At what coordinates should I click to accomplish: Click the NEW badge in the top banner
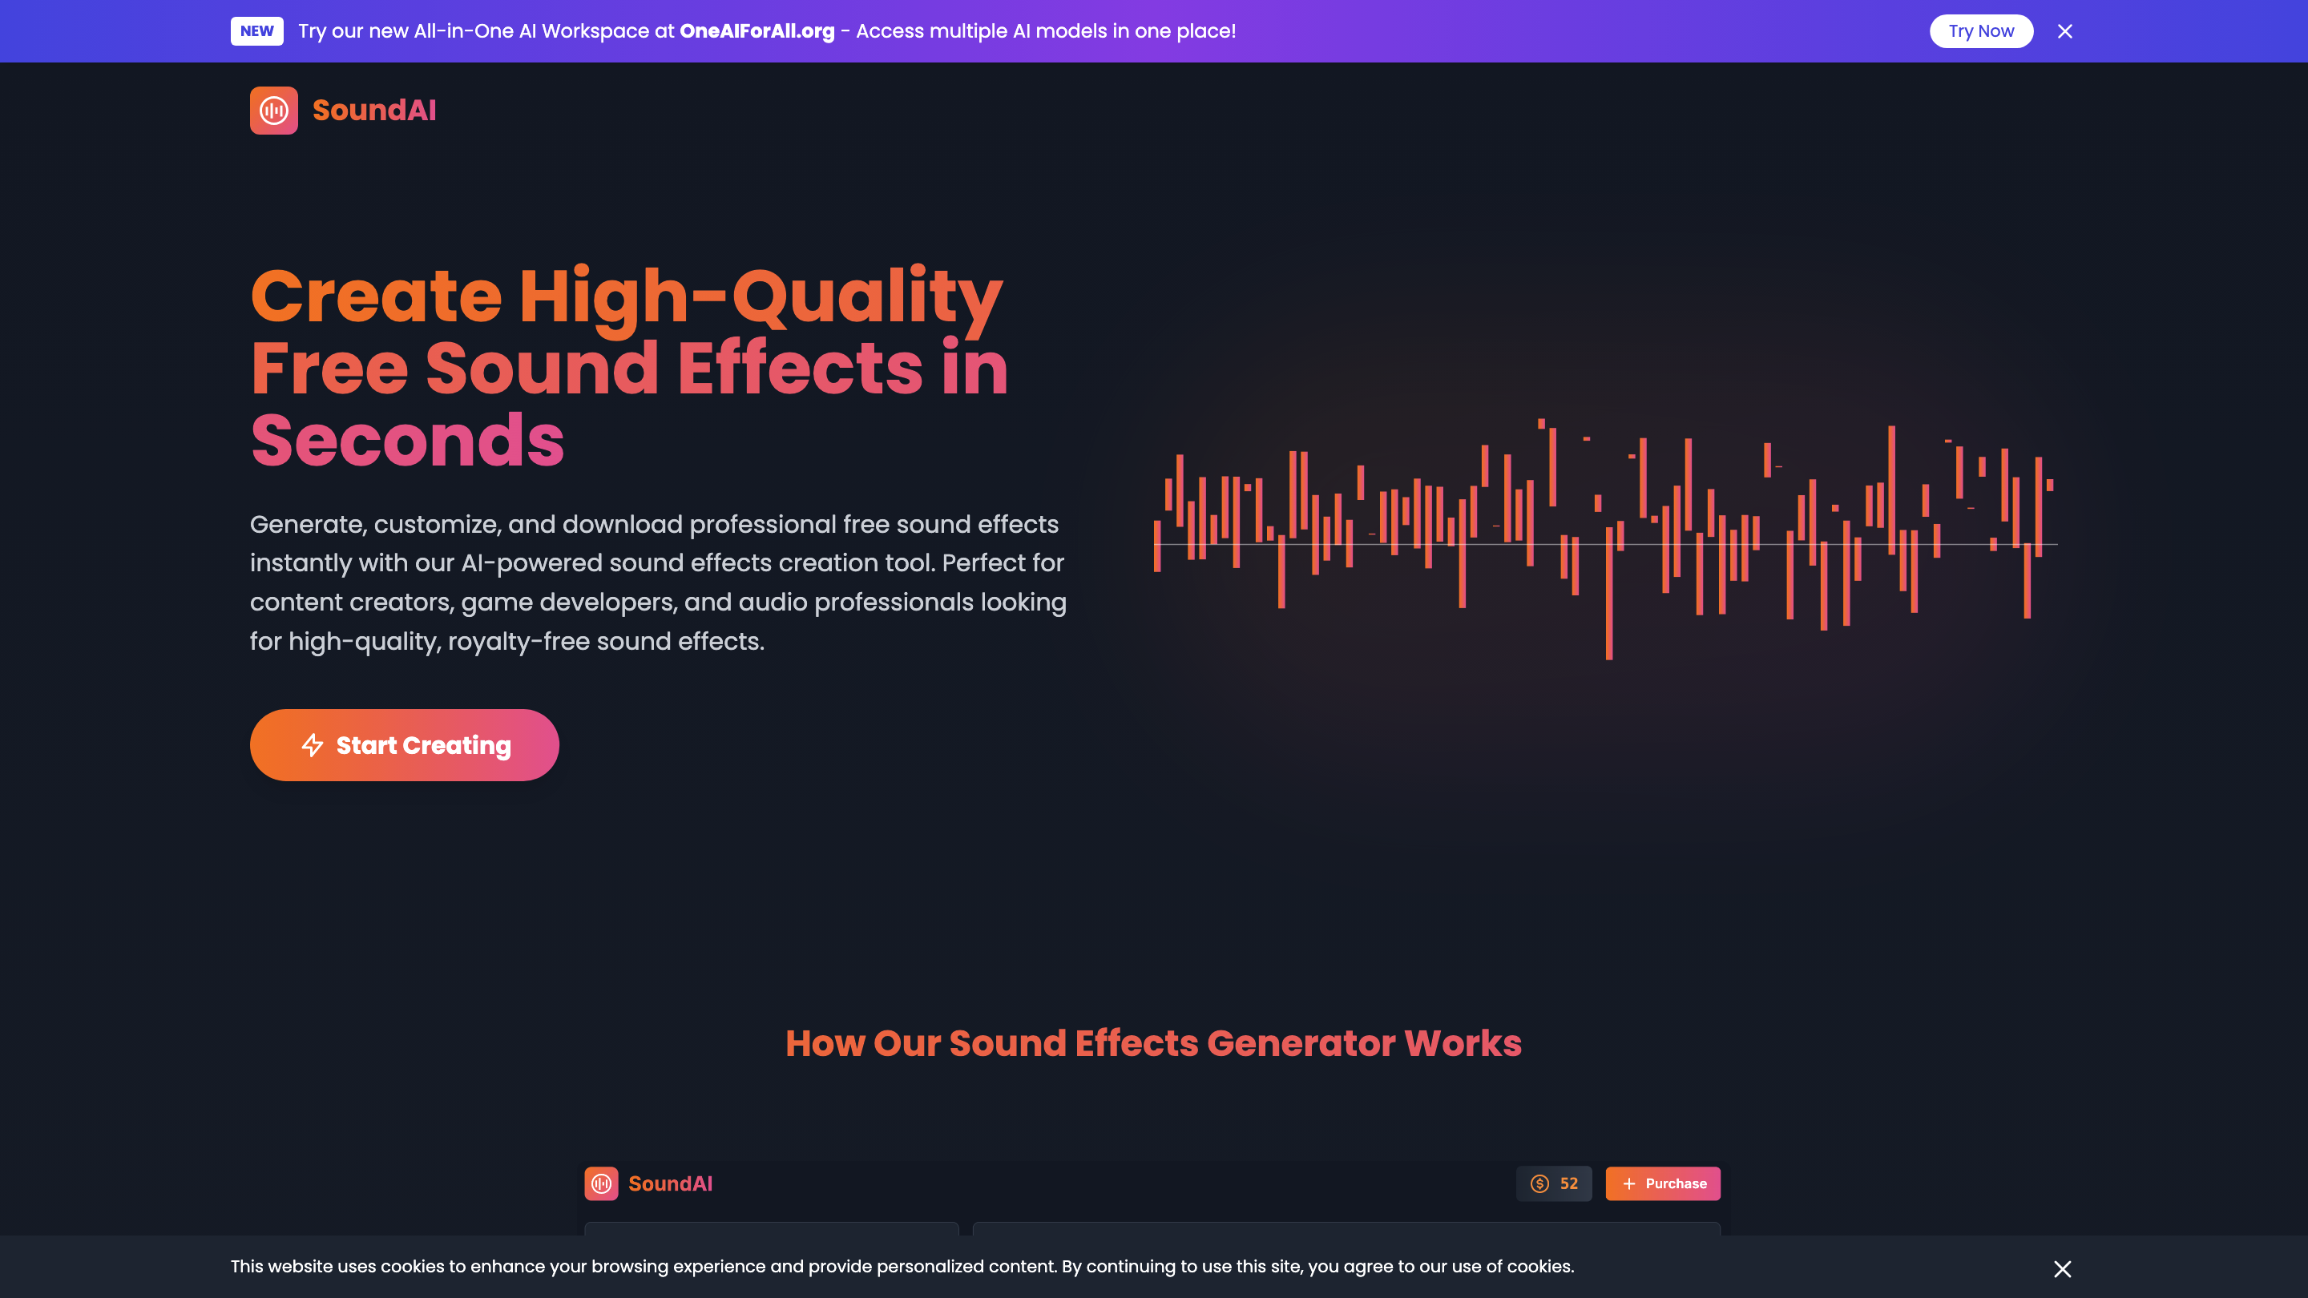click(256, 31)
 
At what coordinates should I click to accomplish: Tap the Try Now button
click(1981, 31)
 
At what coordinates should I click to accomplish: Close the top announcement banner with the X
click(2065, 31)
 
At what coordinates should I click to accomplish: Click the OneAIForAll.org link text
click(757, 31)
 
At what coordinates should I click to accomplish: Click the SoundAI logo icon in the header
click(273, 111)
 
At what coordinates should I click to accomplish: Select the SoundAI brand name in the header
click(374, 111)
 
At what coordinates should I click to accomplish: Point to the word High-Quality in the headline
click(761, 297)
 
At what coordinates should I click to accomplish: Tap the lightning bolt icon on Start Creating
click(312, 745)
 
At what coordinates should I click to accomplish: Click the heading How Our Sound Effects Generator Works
click(1153, 1042)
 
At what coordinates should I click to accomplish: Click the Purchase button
click(1662, 1183)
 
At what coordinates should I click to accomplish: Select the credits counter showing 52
click(1554, 1183)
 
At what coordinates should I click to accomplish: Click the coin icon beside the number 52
click(1539, 1183)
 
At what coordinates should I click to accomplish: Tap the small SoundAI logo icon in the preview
click(601, 1183)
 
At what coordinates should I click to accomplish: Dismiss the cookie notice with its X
click(2063, 1268)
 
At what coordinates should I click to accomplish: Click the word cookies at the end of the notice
click(1539, 1267)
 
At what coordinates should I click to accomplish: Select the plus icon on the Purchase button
click(1629, 1183)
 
